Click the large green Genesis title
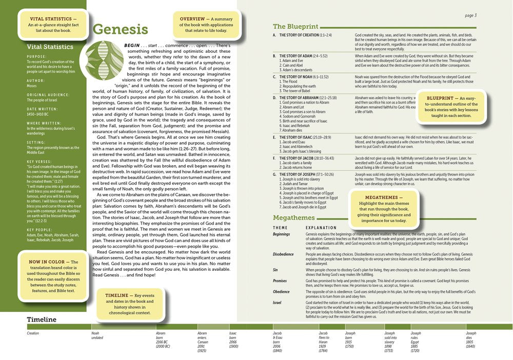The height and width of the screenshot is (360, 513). coord(120,30)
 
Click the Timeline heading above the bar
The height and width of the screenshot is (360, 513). coord(42,319)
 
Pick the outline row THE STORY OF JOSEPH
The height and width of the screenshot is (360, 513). coord(305,174)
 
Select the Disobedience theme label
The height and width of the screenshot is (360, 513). coord(283,253)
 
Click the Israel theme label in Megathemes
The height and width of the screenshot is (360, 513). coord(277,303)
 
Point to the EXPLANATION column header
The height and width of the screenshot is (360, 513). coord(320,227)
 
